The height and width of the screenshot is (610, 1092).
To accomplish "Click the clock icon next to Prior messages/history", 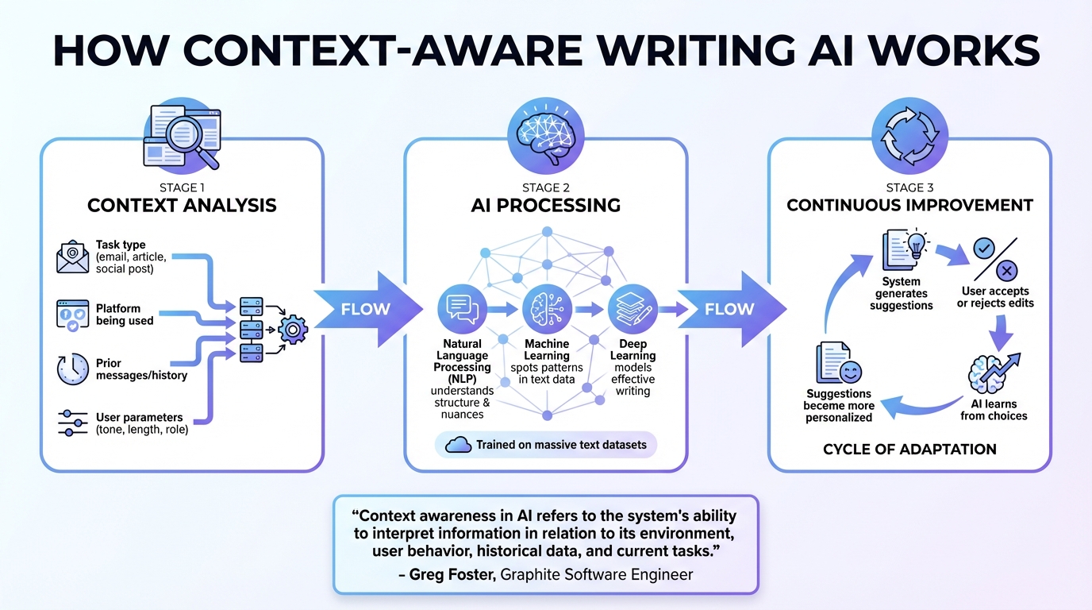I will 73,370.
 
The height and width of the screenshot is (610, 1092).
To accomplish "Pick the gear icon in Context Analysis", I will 293,328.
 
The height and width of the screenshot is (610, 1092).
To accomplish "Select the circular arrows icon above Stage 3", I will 909,133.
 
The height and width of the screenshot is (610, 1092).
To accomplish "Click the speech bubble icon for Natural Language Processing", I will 461,310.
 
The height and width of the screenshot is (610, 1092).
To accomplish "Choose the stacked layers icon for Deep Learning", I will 633,310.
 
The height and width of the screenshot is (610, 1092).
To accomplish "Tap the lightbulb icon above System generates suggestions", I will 917,243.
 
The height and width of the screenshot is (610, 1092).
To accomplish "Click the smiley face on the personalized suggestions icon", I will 849,372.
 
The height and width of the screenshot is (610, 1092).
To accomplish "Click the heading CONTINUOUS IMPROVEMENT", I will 909,205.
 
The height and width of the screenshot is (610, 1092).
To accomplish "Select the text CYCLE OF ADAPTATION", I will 909,450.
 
